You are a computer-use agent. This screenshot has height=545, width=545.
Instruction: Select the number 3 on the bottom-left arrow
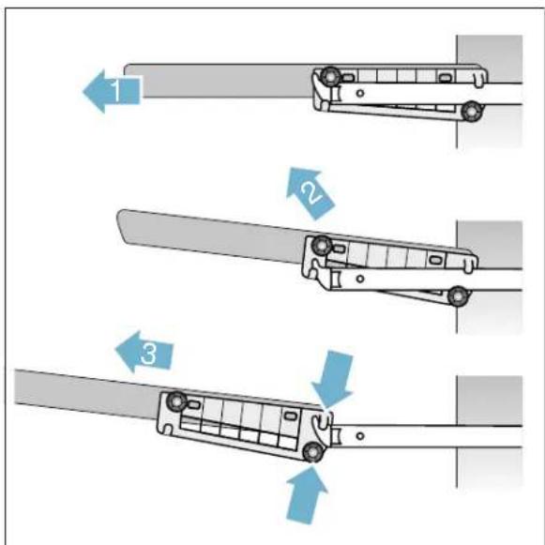point(147,355)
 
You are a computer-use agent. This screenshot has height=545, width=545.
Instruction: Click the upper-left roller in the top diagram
point(329,76)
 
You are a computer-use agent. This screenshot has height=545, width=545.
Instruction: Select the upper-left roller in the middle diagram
point(322,247)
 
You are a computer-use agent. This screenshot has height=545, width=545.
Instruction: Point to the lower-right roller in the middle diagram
point(457,295)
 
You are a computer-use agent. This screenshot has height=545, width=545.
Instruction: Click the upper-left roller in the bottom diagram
point(175,403)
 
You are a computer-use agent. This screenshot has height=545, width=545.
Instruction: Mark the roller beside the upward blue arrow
point(310,455)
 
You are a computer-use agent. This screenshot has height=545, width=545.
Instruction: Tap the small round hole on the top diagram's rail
point(361,94)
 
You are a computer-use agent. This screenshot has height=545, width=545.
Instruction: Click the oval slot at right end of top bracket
point(447,78)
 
